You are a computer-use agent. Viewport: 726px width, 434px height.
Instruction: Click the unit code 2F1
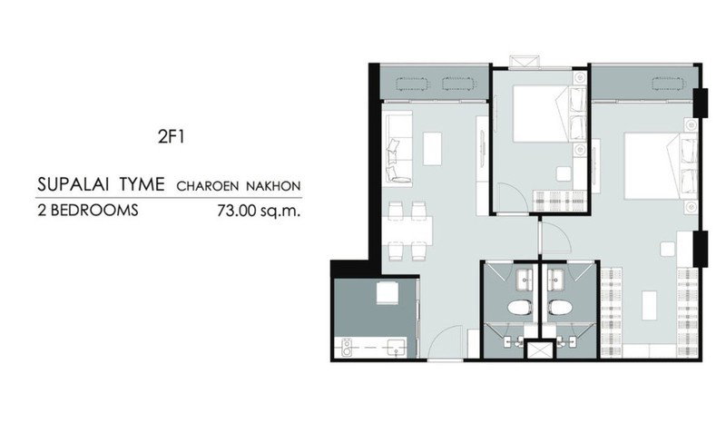(172, 137)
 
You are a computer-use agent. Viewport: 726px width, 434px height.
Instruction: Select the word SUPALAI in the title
(74, 185)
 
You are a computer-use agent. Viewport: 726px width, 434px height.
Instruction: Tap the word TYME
(142, 185)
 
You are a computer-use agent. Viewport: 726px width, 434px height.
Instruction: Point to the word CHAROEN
(208, 187)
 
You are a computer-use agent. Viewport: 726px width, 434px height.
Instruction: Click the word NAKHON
(273, 187)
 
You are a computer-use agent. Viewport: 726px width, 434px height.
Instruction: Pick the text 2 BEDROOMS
(88, 211)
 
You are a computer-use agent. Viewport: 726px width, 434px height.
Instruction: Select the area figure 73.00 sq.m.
(259, 212)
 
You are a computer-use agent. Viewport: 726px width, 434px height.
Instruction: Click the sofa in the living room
(398, 147)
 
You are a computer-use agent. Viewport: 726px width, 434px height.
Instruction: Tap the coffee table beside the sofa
(433, 149)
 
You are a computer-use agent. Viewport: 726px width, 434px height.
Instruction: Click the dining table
(407, 231)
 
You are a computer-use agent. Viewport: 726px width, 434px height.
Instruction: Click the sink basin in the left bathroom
(525, 280)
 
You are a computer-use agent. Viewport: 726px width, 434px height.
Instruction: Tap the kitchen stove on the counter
(347, 348)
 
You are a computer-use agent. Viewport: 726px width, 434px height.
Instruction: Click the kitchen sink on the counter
(396, 348)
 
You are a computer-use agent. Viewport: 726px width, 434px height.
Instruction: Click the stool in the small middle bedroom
(564, 173)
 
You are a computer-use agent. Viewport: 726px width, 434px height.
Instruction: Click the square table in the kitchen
(388, 293)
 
